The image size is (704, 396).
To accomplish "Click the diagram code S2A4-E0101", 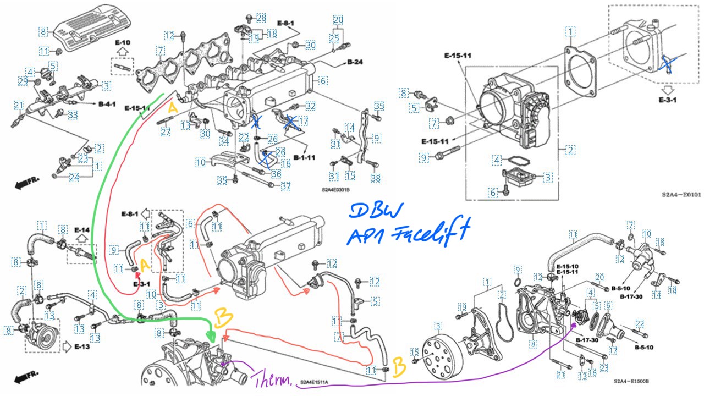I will click(681, 194).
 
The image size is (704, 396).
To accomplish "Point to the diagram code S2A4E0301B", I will click(336, 190).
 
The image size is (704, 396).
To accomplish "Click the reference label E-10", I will click(122, 42).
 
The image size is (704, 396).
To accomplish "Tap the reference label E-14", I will click(81, 229).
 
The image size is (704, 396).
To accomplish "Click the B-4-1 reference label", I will click(107, 103).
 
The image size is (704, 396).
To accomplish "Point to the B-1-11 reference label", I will click(304, 157).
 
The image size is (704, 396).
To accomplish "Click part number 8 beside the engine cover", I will click(43, 31).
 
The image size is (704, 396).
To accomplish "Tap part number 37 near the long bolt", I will click(285, 186).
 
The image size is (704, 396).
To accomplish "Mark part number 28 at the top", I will click(261, 18).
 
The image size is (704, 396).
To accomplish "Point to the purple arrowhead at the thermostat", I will click(574, 324).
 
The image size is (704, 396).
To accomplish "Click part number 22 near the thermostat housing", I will click(640, 323).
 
